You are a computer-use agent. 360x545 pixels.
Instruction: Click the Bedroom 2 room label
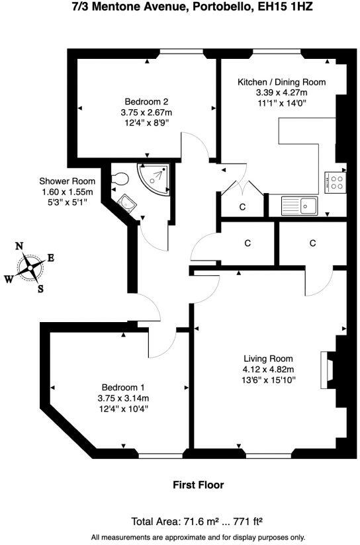146,102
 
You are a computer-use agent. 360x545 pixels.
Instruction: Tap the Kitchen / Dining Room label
282,82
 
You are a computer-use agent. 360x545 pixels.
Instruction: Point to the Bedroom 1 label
123,388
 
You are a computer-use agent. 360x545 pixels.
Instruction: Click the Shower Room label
67,181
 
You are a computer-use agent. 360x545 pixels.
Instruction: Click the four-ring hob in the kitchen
335,182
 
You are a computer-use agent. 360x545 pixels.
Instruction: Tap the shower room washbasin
126,202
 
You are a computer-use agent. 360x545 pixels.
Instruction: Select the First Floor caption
198,485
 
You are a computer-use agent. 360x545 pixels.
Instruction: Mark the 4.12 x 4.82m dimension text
268,370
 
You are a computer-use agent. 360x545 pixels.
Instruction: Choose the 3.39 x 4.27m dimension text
282,93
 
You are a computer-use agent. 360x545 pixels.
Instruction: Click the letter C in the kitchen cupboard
242,207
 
